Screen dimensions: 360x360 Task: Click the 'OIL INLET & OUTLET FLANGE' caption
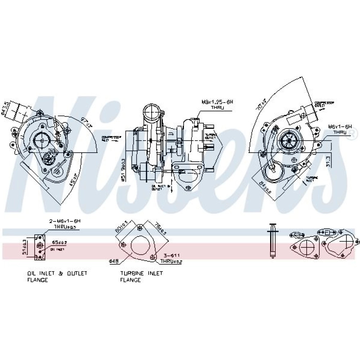(x=57, y=276)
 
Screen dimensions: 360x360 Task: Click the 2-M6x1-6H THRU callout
(x=64, y=224)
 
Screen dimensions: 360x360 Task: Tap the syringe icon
(x=273, y=240)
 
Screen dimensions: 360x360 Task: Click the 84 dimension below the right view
(x=266, y=188)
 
